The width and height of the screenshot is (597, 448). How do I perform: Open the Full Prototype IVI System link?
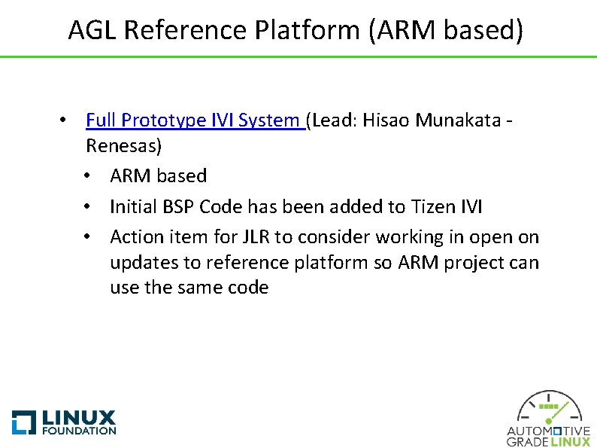click(x=193, y=120)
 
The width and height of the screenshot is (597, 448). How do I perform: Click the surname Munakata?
click(x=459, y=120)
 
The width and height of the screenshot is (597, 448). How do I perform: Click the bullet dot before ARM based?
click(x=89, y=176)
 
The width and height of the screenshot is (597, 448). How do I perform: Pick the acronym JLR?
click(x=253, y=237)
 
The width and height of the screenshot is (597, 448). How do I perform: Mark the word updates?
click(x=140, y=263)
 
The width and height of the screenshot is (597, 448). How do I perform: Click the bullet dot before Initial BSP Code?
click(x=89, y=207)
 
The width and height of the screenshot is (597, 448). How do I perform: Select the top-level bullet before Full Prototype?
click(x=66, y=120)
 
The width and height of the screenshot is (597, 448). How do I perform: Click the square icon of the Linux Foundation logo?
click(x=24, y=422)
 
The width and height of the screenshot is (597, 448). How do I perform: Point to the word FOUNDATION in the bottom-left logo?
click(x=79, y=431)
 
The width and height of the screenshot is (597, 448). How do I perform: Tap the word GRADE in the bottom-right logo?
click(x=528, y=442)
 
